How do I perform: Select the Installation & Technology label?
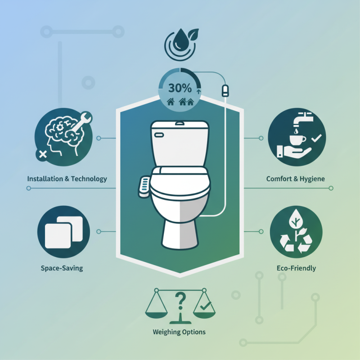click(x=67, y=179)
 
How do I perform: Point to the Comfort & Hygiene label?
click(x=296, y=179)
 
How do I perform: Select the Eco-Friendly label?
click(x=296, y=268)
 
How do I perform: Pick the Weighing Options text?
click(x=179, y=332)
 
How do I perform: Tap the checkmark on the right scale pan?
click(x=205, y=307)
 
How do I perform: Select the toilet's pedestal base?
click(x=180, y=234)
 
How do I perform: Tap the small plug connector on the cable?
click(x=225, y=90)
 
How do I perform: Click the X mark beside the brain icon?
click(x=43, y=154)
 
